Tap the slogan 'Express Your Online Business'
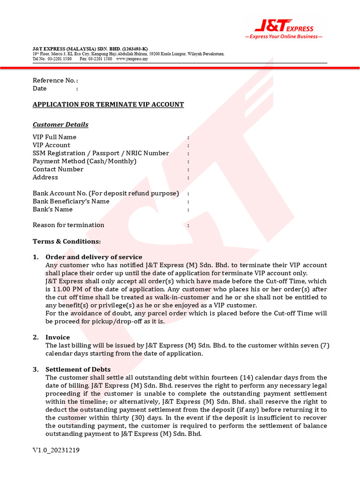(x=284, y=37)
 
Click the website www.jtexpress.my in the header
(x=132, y=59)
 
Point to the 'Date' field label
(x=40, y=89)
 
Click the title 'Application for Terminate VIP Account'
(x=108, y=105)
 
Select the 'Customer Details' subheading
(x=60, y=125)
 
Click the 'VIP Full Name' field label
(x=54, y=137)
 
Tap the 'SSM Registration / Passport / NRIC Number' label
(x=101, y=153)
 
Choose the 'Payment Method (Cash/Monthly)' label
(x=84, y=161)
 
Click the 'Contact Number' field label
(x=58, y=169)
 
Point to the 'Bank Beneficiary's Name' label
(x=71, y=202)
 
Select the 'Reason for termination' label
(x=68, y=225)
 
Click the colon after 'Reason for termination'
(x=188, y=225)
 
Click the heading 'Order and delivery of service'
(x=94, y=257)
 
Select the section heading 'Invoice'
(x=58, y=337)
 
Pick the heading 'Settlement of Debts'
(x=78, y=370)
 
